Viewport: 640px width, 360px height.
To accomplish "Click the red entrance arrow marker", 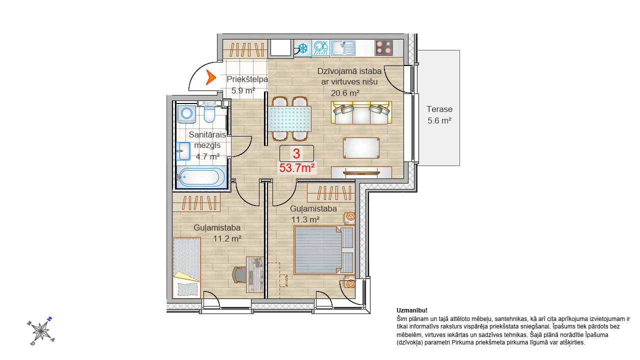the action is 211,77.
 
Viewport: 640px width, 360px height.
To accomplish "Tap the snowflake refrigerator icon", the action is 302,48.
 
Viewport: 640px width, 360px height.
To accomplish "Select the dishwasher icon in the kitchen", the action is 321,47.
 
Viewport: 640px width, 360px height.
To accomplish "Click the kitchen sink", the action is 343,48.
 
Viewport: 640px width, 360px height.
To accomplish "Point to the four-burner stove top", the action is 383,48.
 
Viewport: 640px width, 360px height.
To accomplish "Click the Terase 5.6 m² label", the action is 439,115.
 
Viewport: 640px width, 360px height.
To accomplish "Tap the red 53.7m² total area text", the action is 297,168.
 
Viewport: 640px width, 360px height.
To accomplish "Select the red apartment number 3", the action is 296,153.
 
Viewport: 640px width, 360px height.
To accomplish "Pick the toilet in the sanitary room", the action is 209,112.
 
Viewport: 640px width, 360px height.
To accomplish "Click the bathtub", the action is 201,177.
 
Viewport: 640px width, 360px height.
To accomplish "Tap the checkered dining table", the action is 289,119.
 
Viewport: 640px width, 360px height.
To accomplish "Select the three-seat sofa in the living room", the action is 361,112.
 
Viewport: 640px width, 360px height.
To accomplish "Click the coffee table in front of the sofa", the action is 361,148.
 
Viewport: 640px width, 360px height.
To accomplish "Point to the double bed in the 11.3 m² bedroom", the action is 324,250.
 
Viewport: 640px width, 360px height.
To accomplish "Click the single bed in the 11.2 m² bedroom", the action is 186,267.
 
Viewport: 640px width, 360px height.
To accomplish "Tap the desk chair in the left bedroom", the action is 239,274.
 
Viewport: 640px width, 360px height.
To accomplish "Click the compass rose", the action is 41,331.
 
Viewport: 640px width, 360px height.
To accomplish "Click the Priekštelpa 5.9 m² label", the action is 247,85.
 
